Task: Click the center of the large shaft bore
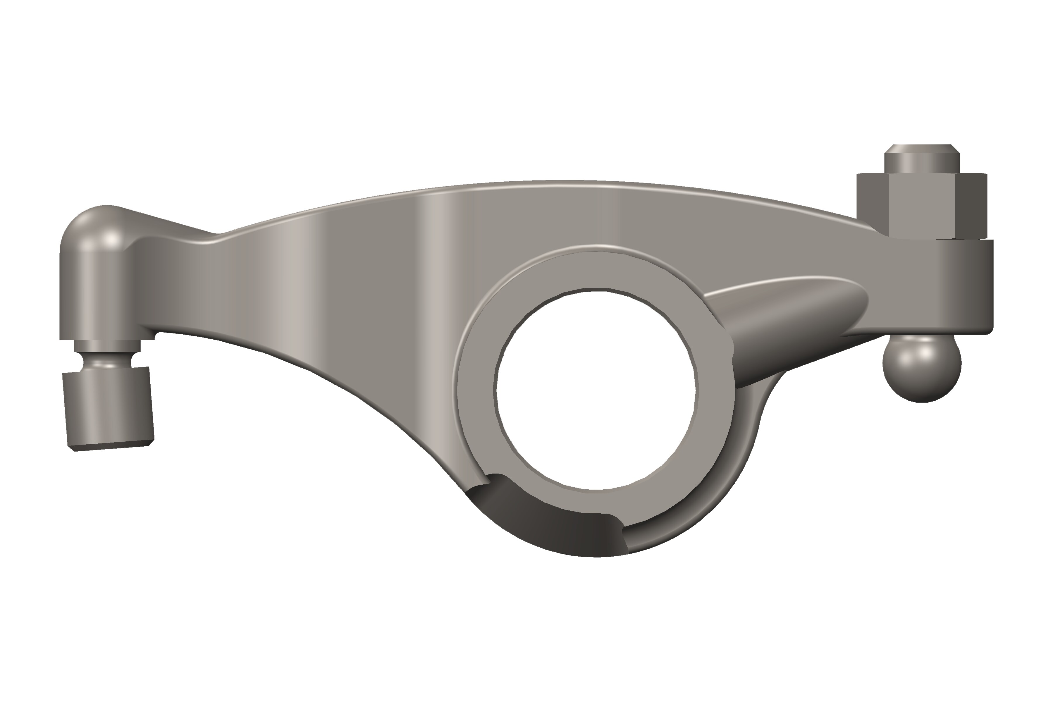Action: pyautogui.click(x=596, y=390)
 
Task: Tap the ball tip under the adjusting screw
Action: pyautogui.click(x=921, y=368)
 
